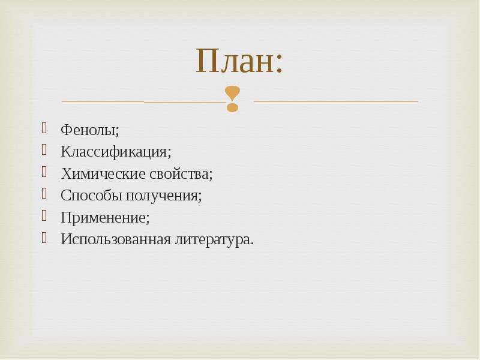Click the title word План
[x=234, y=61]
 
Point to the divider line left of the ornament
[x=143, y=101]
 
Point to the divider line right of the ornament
[x=336, y=101]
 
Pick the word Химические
[x=103, y=173]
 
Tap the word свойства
[x=179, y=173]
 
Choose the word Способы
[x=92, y=196]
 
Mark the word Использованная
[x=116, y=239]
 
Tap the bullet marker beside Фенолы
[x=44, y=128]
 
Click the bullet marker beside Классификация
[x=44, y=149]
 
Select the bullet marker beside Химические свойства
[x=44, y=172]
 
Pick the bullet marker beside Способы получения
[x=44, y=193]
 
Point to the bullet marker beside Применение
[x=44, y=215]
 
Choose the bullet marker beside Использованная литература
[x=44, y=237]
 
